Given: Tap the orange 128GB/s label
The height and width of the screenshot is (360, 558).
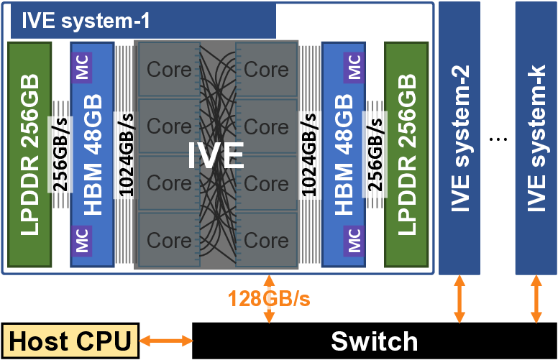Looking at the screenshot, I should (x=270, y=298).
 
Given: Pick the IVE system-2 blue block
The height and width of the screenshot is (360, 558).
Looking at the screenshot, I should (x=459, y=137).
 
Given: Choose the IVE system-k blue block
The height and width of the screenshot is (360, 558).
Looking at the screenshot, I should (x=536, y=137).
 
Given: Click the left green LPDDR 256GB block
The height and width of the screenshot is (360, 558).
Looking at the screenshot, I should (x=29, y=154).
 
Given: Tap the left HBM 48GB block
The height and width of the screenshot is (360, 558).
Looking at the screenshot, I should (x=92, y=154).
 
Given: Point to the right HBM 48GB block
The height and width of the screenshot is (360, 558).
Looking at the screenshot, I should (x=344, y=154).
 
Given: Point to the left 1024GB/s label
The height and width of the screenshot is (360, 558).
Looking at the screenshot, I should (x=127, y=154).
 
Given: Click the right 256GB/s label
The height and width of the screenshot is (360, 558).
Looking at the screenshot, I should (x=375, y=154).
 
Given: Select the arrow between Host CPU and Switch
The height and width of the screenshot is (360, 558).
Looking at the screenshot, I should (x=165, y=341).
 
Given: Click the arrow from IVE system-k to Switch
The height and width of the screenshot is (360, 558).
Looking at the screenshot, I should (x=536, y=299).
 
